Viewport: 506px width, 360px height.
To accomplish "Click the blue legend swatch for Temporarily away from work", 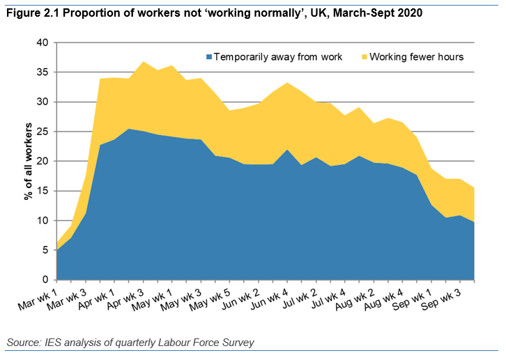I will tap(208, 56).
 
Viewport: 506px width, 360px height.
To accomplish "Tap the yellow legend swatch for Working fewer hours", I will tap(363, 56).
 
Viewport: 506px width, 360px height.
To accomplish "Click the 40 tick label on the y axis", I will tap(42, 42).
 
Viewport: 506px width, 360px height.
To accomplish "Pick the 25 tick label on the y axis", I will tap(42, 132).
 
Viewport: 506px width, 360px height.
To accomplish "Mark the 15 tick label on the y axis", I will tap(42, 191).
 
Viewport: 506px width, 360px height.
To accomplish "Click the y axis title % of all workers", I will tap(29, 161).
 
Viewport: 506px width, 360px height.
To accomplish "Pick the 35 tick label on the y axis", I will tap(42, 72).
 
